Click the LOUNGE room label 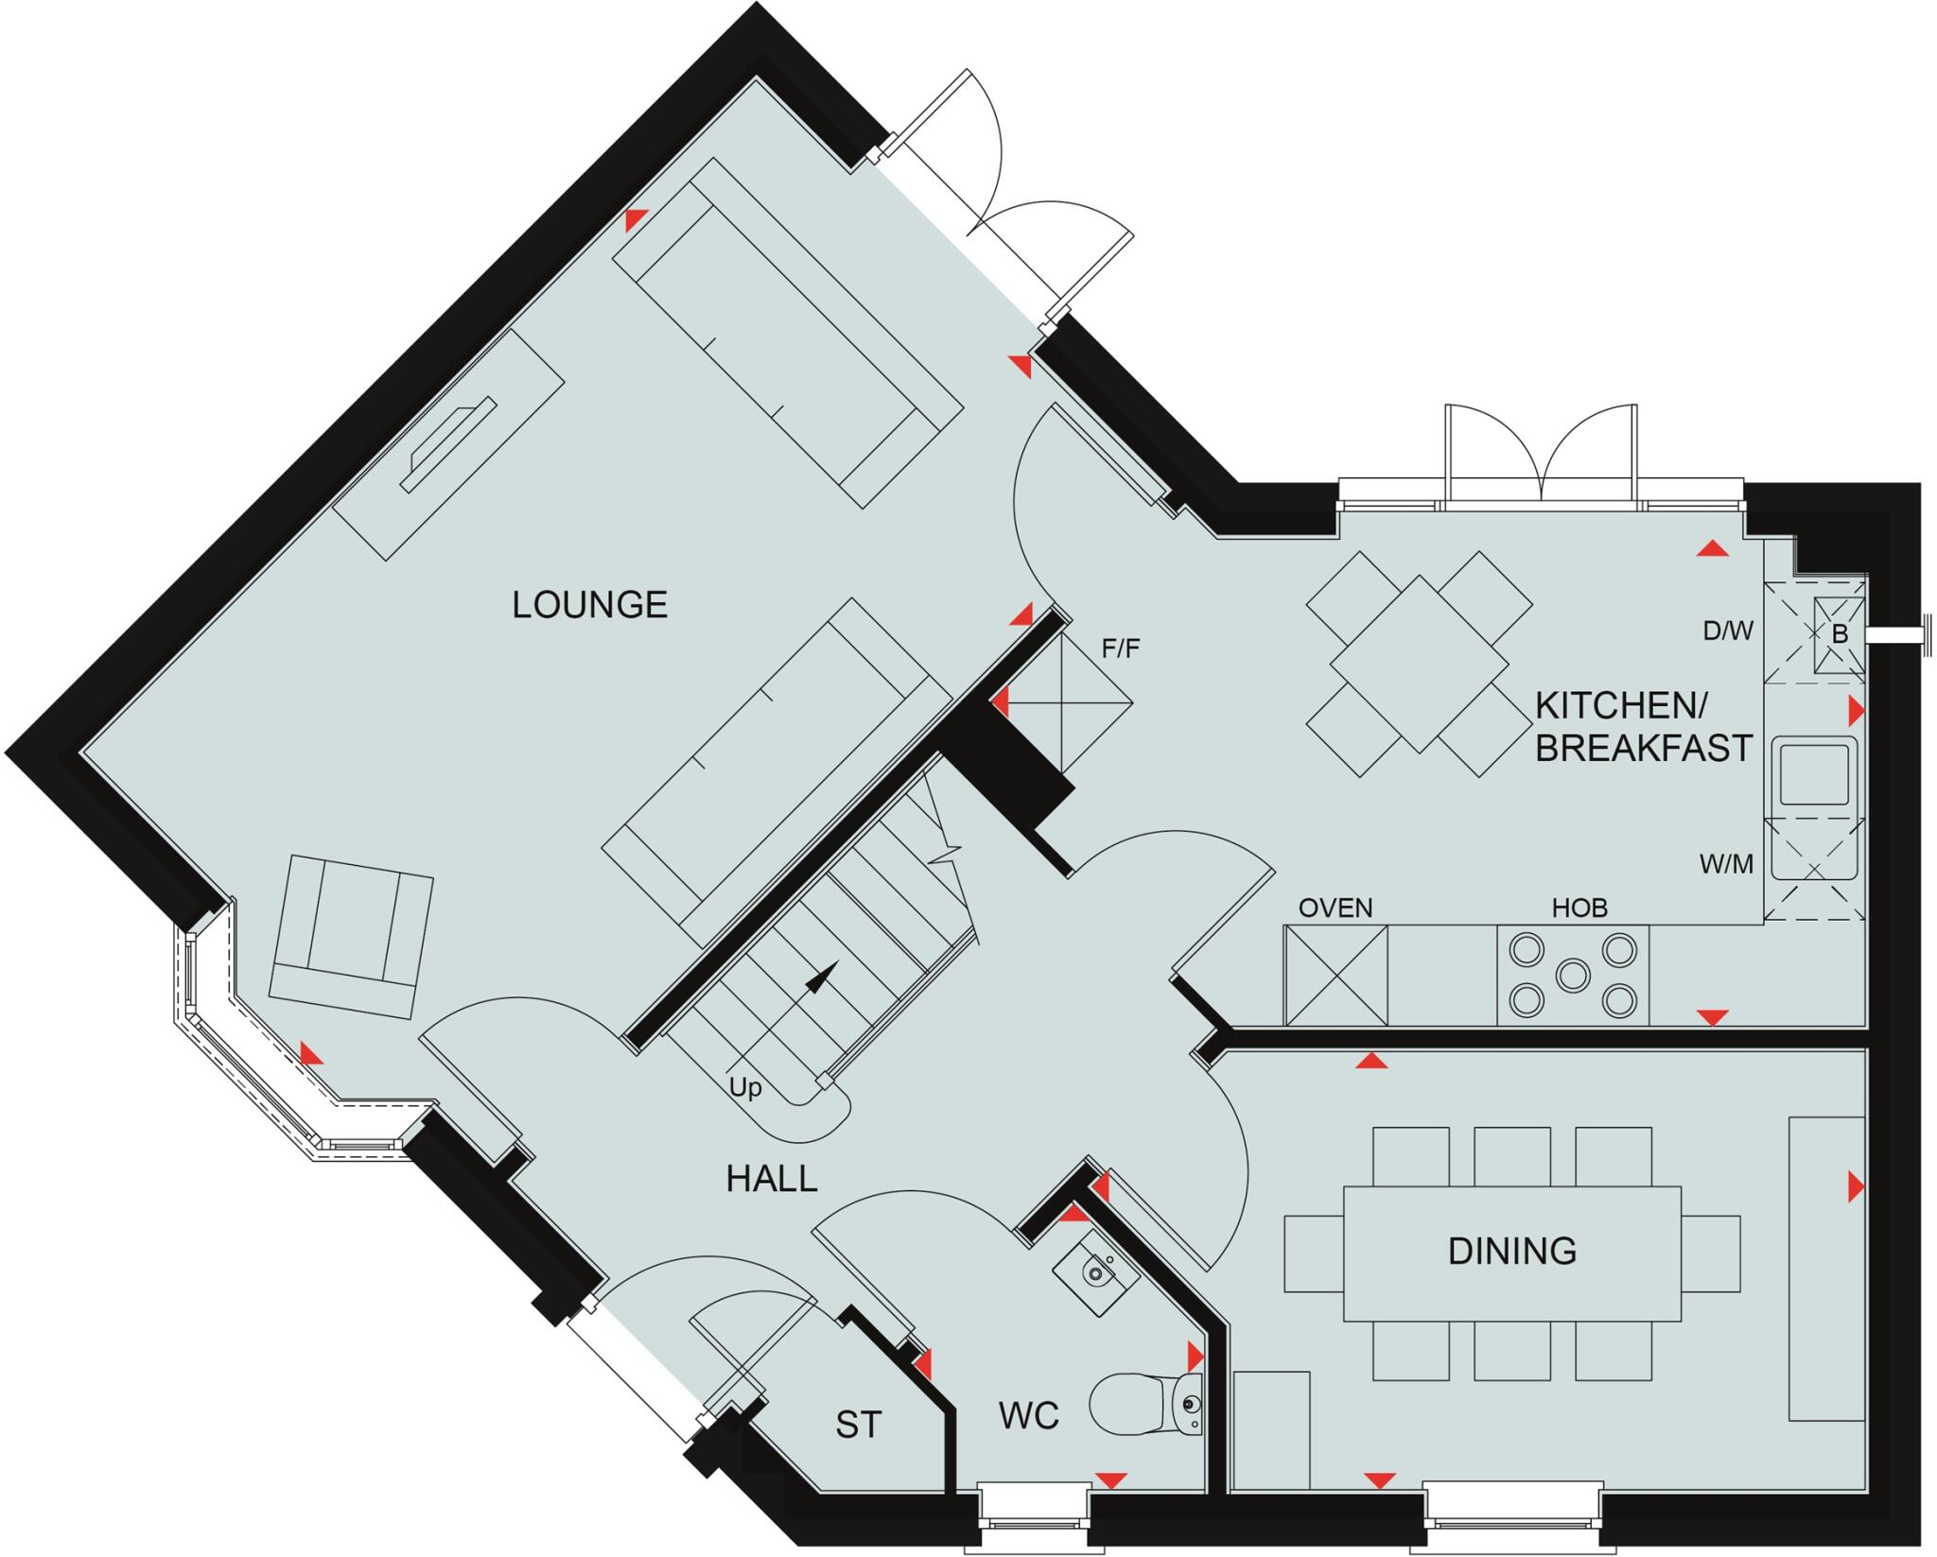pos(589,605)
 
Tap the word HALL pos(771,1179)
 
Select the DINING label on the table pos(1511,1251)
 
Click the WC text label pos(1028,1415)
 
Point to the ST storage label pos(858,1425)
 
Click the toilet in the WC pos(1140,1405)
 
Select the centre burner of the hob pos(1573,975)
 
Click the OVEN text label pos(1335,908)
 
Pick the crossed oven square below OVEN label pos(1335,976)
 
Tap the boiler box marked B pos(1839,635)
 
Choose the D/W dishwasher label pos(1728,631)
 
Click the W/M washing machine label pos(1726,863)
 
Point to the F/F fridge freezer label pos(1121,649)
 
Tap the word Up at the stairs pos(745,1088)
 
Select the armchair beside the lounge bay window pos(351,936)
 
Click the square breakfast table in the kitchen pos(1419,664)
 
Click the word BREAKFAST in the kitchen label pos(1643,748)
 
